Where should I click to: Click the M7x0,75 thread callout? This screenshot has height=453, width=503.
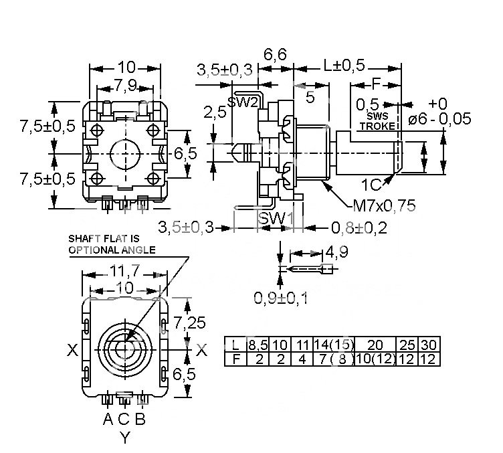[384, 205]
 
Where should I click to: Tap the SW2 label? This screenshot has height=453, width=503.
[243, 102]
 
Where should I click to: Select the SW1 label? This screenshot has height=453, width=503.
[276, 219]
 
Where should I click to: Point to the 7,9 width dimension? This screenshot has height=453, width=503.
[126, 86]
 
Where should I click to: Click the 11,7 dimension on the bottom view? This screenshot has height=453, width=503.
[125, 272]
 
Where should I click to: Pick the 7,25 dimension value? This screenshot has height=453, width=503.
[189, 322]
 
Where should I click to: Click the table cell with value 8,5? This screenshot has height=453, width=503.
[258, 345]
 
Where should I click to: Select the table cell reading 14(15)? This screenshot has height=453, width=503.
[334, 345]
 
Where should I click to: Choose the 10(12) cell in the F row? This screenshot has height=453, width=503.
[375, 359]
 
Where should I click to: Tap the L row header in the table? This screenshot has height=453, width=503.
[235, 345]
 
